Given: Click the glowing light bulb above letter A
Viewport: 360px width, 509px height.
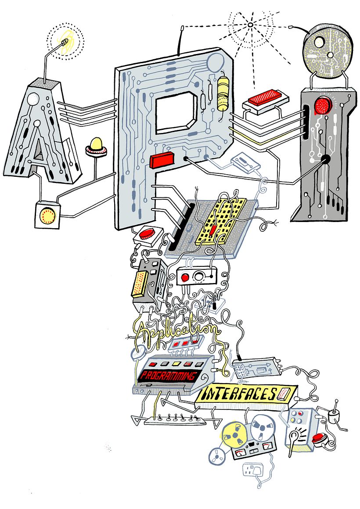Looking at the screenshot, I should click(x=65, y=42).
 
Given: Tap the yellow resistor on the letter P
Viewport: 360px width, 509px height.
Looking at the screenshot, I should click(x=223, y=93).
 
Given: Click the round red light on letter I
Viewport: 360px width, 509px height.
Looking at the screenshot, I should click(x=324, y=106).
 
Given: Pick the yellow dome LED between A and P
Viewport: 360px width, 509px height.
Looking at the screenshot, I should click(x=96, y=145).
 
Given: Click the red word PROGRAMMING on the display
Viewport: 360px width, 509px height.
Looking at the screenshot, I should click(x=167, y=376).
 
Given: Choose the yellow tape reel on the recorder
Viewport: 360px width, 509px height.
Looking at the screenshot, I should click(x=233, y=434).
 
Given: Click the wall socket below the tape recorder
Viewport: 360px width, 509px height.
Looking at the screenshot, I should click(x=254, y=472).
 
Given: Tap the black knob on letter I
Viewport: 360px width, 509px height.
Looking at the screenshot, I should click(x=326, y=159).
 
